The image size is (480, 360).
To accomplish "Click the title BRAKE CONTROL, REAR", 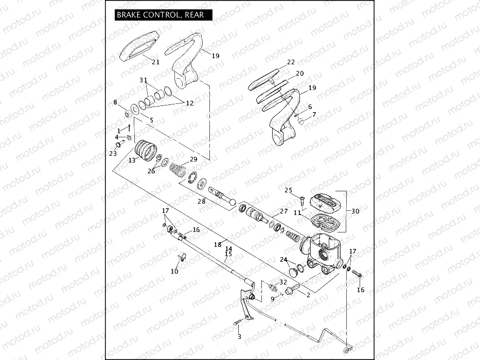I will [161, 15].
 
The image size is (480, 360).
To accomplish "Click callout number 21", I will [155, 62].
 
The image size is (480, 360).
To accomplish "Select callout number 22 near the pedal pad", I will [291, 62].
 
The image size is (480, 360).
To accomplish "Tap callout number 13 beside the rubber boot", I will [132, 160].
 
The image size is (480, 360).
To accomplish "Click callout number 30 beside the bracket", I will [355, 211].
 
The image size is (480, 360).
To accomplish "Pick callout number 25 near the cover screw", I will [288, 190].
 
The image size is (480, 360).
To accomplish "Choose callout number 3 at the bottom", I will [239, 337].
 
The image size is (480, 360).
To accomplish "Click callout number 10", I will [174, 271].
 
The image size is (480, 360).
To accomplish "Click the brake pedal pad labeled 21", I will [138, 46].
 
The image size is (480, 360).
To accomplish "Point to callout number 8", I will [115, 102].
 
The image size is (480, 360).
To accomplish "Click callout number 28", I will [202, 202].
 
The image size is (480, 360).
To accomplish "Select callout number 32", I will [283, 282].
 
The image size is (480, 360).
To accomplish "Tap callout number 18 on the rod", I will [217, 245].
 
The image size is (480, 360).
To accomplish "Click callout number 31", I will [143, 80].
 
